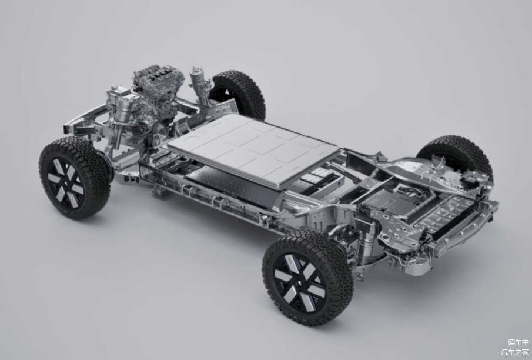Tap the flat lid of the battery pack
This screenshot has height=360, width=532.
click(x=253, y=148)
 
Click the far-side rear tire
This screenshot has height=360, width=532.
click(x=456, y=156)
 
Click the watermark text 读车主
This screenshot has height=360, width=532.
click(x=518, y=342)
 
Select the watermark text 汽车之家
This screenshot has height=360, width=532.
click(x=515, y=352)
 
